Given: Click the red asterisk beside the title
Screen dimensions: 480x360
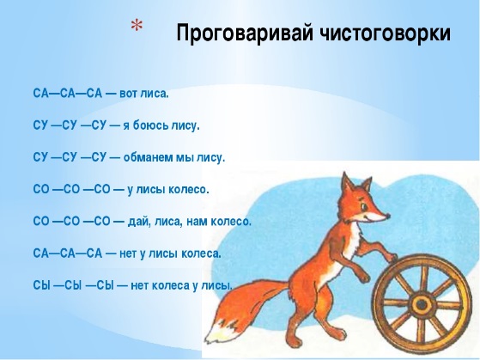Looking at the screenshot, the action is tap(137, 26).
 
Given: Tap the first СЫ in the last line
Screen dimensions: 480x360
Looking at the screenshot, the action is tap(40, 285).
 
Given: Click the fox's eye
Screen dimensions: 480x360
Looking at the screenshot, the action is tap(364, 207).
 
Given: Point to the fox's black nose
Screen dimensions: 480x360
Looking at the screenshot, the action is tap(388, 217).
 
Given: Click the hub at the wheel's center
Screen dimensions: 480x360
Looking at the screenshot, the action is tap(422, 304).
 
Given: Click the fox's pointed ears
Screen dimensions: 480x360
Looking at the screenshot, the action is tap(356, 183).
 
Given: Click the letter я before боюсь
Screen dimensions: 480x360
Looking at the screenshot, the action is tap(126, 126).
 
